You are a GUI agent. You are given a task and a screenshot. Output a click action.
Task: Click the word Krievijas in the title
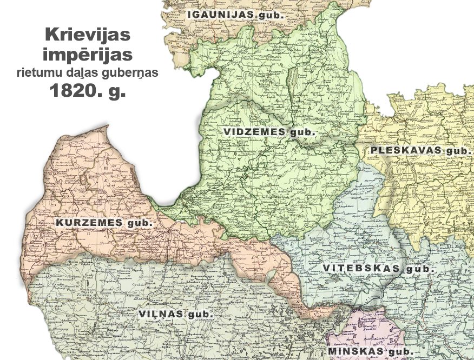pos(88,36)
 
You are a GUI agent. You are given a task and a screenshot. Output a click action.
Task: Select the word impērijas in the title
pos(88,55)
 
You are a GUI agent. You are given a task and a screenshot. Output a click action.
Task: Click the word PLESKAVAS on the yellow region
pos(406,150)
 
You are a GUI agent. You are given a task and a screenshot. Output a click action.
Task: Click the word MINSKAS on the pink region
pos(354,352)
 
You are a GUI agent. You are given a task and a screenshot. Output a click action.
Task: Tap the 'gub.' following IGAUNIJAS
pos(270,15)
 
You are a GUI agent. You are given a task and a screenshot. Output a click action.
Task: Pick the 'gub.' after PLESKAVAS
pos(458,151)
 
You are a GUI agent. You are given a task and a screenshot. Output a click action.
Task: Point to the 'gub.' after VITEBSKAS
pos(422,269)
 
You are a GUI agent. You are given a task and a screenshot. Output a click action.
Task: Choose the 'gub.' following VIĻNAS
pos(201,314)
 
